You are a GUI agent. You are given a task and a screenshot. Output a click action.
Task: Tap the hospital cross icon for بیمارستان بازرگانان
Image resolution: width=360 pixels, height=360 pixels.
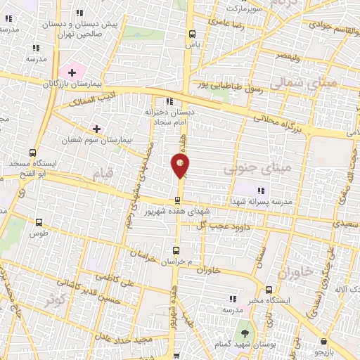click(71, 72)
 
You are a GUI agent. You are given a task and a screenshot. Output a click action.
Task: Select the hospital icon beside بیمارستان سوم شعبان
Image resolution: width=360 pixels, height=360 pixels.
click(97, 129)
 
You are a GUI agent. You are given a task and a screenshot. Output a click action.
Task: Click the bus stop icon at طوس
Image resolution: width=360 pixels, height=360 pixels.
click(39, 223)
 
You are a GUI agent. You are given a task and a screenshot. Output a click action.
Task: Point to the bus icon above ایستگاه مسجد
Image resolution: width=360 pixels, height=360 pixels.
click(33, 152)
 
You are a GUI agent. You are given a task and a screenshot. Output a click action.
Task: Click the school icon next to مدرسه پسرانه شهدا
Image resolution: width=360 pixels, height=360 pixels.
click(262, 190)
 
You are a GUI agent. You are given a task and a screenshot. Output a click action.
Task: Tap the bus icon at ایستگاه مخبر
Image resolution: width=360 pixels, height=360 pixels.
click(269, 289)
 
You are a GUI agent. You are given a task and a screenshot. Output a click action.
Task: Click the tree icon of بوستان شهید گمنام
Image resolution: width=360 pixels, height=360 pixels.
click(245, 333)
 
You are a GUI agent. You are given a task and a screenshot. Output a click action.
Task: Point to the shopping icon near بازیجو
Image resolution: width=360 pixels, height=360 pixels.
click(323, 341)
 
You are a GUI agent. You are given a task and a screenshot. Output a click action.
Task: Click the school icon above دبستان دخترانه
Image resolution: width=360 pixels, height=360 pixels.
click(168, 101)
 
